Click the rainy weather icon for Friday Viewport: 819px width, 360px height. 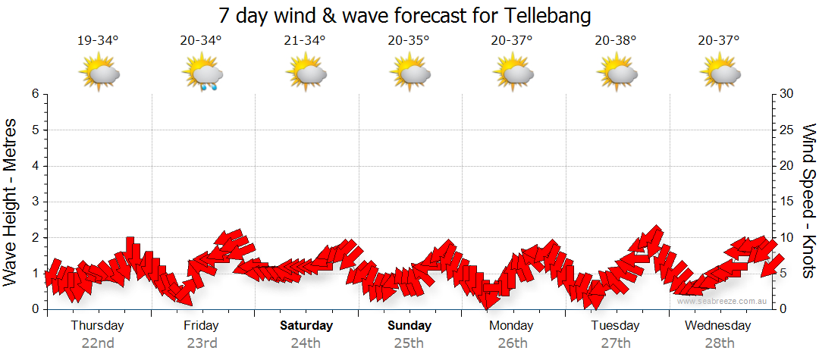pyautogui.click(x=202, y=75)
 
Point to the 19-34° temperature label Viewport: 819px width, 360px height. pyautogui.click(x=98, y=41)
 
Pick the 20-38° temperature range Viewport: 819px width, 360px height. pyautogui.click(x=615, y=41)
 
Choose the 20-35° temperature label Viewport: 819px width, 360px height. pyautogui.click(x=408, y=41)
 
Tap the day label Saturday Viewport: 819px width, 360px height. pyautogui.click(x=306, y=326)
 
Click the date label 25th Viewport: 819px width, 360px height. pyautogui.click(x=409, y=343)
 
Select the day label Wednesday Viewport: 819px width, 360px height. pyautogui.click(x=717, y=326)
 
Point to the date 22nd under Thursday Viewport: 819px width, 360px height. pyautogui.click(x=98, y=343)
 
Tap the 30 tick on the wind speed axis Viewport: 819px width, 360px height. pyautogui.click(x=788, y=94)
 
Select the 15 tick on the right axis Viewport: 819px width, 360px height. pyautogui.click(x=788, y=202)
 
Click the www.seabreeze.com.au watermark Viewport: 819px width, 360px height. pyautogui.click(x=723, y=302)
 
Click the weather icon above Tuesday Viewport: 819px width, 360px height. pyautogui.click(x=617, y=75)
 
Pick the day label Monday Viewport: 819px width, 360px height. pyautogui.click(x=512, y=326)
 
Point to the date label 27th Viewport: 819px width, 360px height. pyautogui.click(x=615, y=343)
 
